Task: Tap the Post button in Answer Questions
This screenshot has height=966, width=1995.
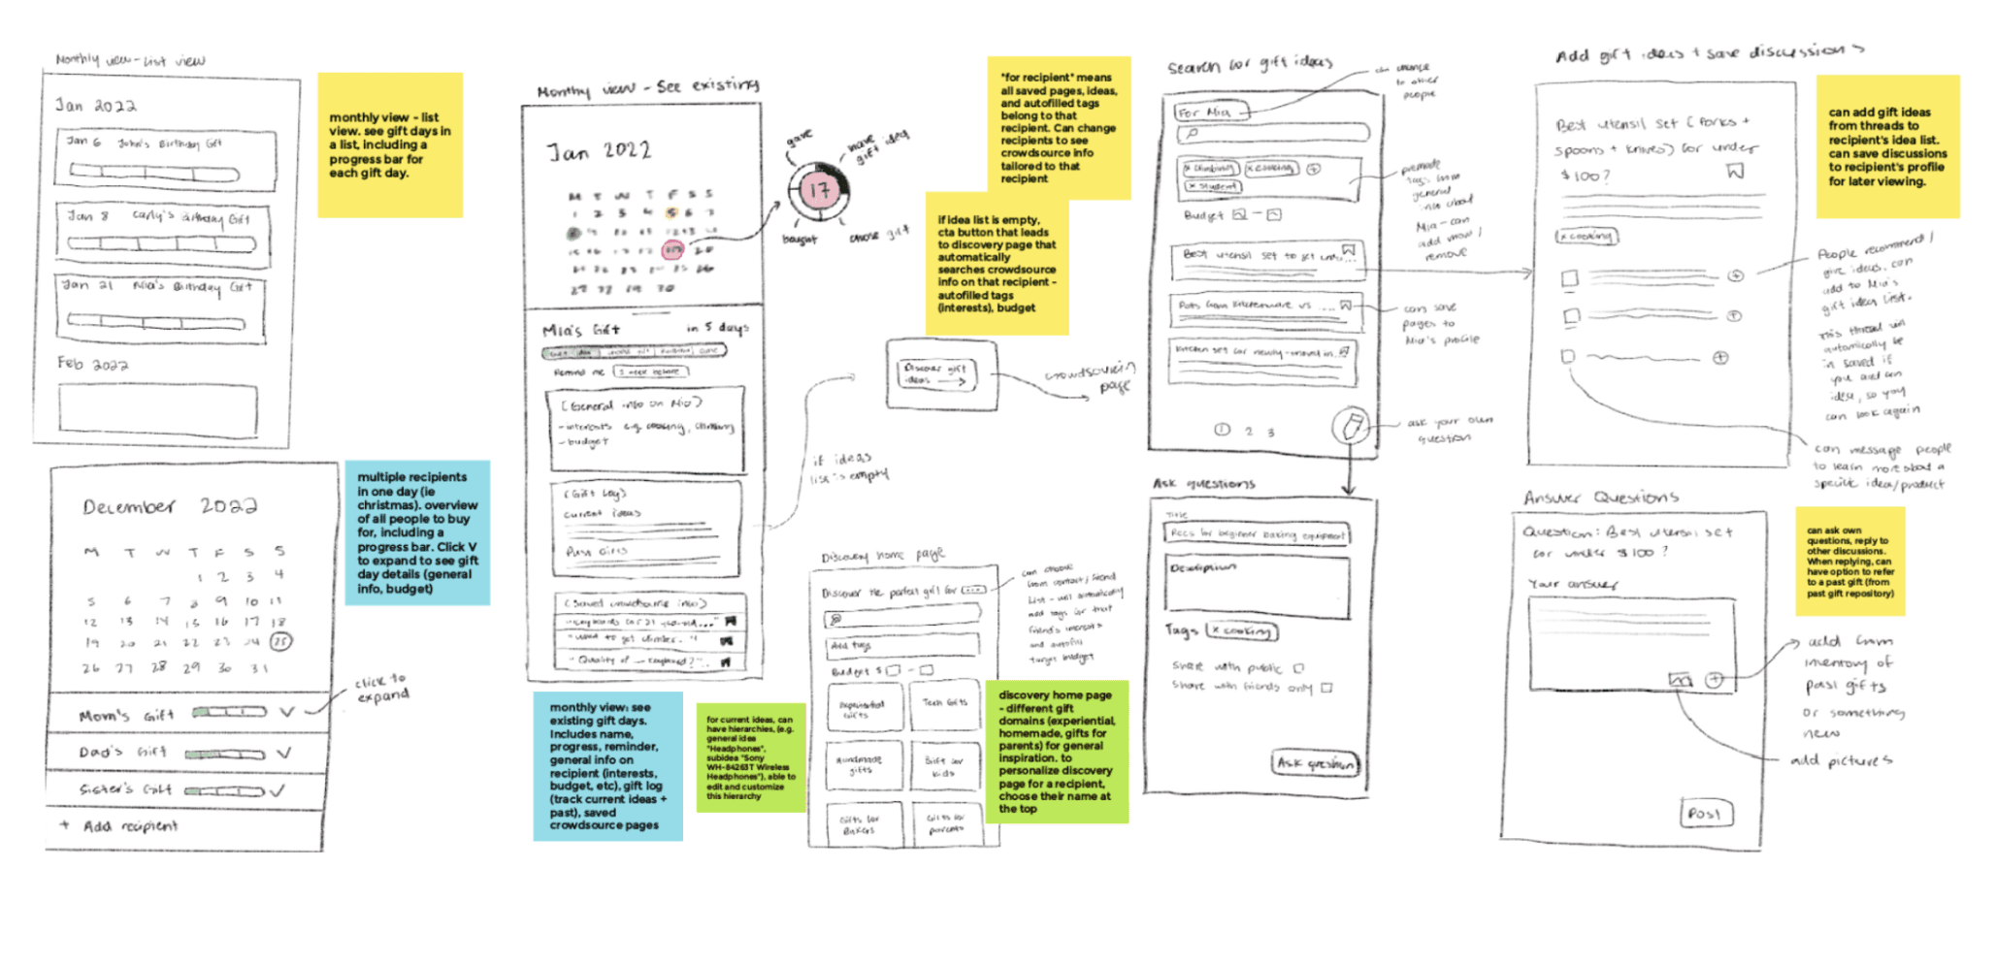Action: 1705,813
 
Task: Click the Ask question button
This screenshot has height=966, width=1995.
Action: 1315,763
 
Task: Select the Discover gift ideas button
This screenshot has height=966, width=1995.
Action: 935,373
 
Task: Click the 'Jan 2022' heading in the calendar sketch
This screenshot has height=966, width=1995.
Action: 599,151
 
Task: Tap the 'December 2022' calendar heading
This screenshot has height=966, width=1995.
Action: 170,506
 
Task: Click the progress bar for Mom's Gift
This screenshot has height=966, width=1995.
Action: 229,713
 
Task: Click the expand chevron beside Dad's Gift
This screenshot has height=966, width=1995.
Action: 283,753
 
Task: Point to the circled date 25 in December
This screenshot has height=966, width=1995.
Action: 279,641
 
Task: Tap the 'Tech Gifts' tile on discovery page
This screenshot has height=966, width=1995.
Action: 944,704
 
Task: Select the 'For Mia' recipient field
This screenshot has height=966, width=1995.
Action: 1211,113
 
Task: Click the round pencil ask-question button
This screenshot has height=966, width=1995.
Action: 1351,425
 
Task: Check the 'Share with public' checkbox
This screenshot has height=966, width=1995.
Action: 1299,667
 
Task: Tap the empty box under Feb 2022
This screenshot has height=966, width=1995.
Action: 158,408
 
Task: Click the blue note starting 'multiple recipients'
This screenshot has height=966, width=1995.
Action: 417,532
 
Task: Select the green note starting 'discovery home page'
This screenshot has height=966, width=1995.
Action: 1057,752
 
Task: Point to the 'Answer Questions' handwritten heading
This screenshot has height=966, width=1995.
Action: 1600,498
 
